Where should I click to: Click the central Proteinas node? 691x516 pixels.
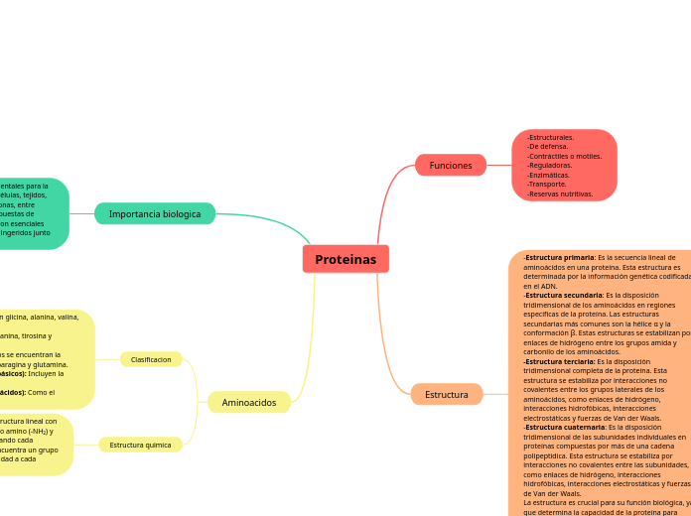click(345, 259)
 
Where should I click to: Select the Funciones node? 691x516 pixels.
click(451, 165)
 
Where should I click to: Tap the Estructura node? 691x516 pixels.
click(447, 394)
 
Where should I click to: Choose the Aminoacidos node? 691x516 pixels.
click(249, 402)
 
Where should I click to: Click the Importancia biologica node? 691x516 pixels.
click(155, 213)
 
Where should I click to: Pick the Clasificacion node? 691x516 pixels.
click(151, 359)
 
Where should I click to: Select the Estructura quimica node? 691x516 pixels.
click(140, 445)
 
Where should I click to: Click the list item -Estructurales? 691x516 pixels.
click(551, 137)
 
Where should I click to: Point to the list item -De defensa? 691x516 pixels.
click(548, 147)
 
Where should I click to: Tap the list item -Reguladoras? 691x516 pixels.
click(550, 166)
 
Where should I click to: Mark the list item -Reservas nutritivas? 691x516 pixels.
click(560, 193)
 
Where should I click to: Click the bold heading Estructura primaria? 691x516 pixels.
click(560, 258)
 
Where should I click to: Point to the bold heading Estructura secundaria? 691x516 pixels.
click(563, 295)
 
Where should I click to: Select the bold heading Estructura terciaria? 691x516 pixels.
click(560, 361)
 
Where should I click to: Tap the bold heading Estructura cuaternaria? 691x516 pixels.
click(565, 427)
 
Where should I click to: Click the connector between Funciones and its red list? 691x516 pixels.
click(499, 165)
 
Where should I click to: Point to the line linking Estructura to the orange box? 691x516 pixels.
click(495, 394)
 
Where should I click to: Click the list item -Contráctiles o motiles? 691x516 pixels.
click(565, 156)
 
